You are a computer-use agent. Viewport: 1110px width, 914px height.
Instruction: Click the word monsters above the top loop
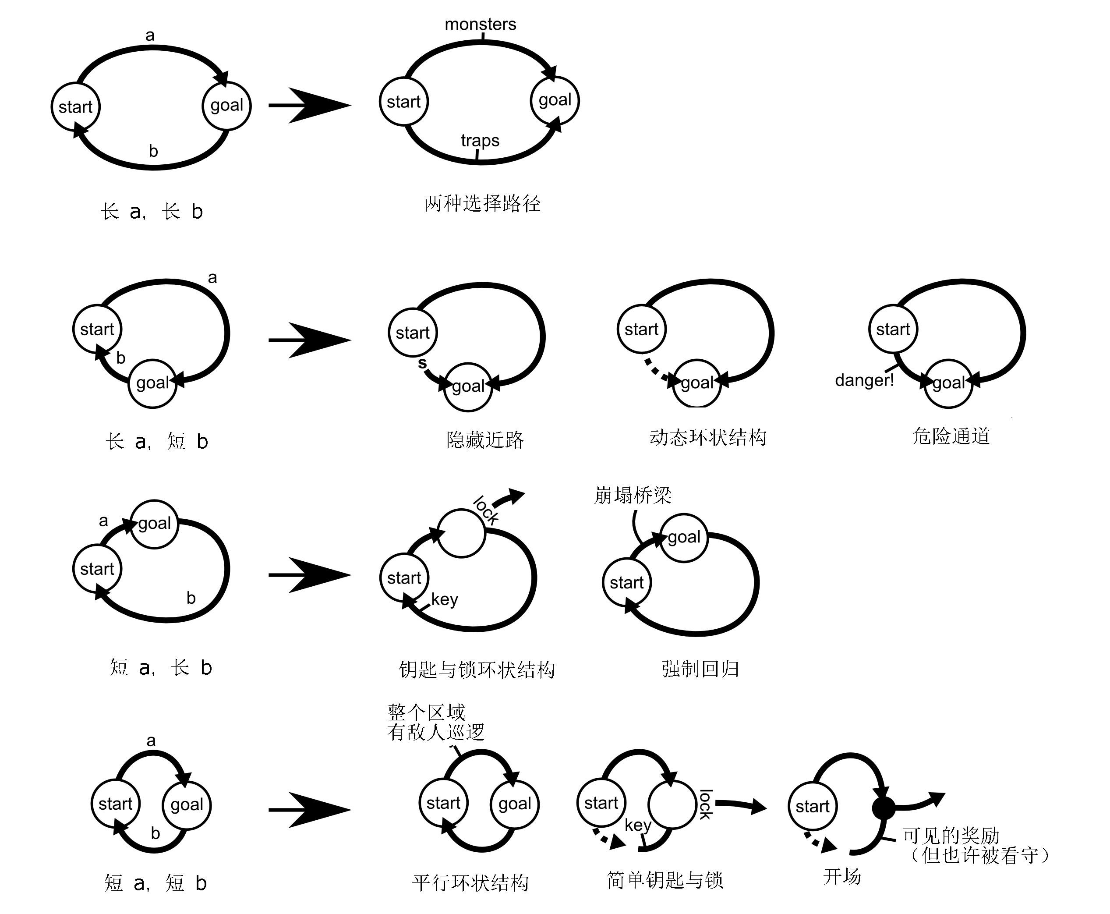(x=480, y=24)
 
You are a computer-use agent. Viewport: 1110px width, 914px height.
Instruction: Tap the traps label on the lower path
(x=480, y=141)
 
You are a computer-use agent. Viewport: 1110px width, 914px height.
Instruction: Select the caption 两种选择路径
(x=481, y=203)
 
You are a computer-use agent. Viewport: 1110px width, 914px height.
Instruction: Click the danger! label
(x=864, y=379)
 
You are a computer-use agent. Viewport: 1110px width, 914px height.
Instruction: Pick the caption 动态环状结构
(x=707, y=437)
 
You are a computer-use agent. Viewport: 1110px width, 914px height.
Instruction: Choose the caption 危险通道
(x=951, y=436)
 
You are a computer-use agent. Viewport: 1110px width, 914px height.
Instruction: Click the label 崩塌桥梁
(x=632, y=495)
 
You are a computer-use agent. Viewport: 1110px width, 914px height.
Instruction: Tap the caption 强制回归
(x=700, y=669)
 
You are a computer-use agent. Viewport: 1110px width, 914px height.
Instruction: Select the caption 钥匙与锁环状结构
(x=476, y=670)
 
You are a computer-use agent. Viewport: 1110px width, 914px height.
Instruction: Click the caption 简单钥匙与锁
(x=664, y=880)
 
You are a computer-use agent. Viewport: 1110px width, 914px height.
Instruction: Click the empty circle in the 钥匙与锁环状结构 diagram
(x=461, y=533)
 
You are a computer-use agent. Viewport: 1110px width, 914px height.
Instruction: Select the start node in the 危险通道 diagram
(x=893, y=329)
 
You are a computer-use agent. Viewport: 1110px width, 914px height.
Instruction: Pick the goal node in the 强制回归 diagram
(x=684, y=538)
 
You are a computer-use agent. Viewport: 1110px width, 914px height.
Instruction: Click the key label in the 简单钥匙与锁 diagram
(x=637, y=825)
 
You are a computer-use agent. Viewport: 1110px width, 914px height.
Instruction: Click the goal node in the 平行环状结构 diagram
(x=514, y=804)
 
